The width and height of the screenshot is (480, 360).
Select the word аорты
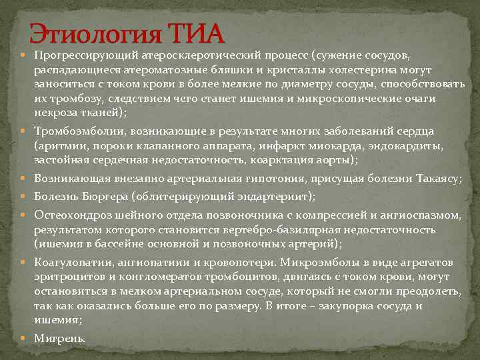(336, 160)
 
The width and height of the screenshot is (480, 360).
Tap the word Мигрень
(60, 338)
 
